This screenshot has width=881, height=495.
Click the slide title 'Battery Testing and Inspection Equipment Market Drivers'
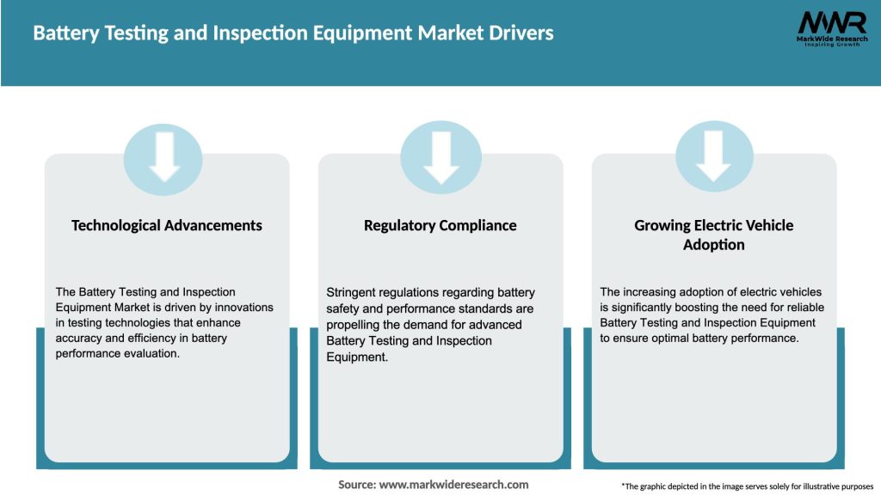(x=293, y=34)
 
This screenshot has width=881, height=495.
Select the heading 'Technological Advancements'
(x=167, y=225)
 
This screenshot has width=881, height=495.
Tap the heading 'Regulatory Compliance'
(x=440, y=225)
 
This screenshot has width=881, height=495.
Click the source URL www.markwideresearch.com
(x=453, y=485)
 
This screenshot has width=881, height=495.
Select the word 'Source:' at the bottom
(x=357, y=485)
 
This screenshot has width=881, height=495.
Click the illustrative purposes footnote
(x=747, y=486)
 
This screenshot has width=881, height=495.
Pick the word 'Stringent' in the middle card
(x=351, y=292)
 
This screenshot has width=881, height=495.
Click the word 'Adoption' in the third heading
(x=714, y=245)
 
